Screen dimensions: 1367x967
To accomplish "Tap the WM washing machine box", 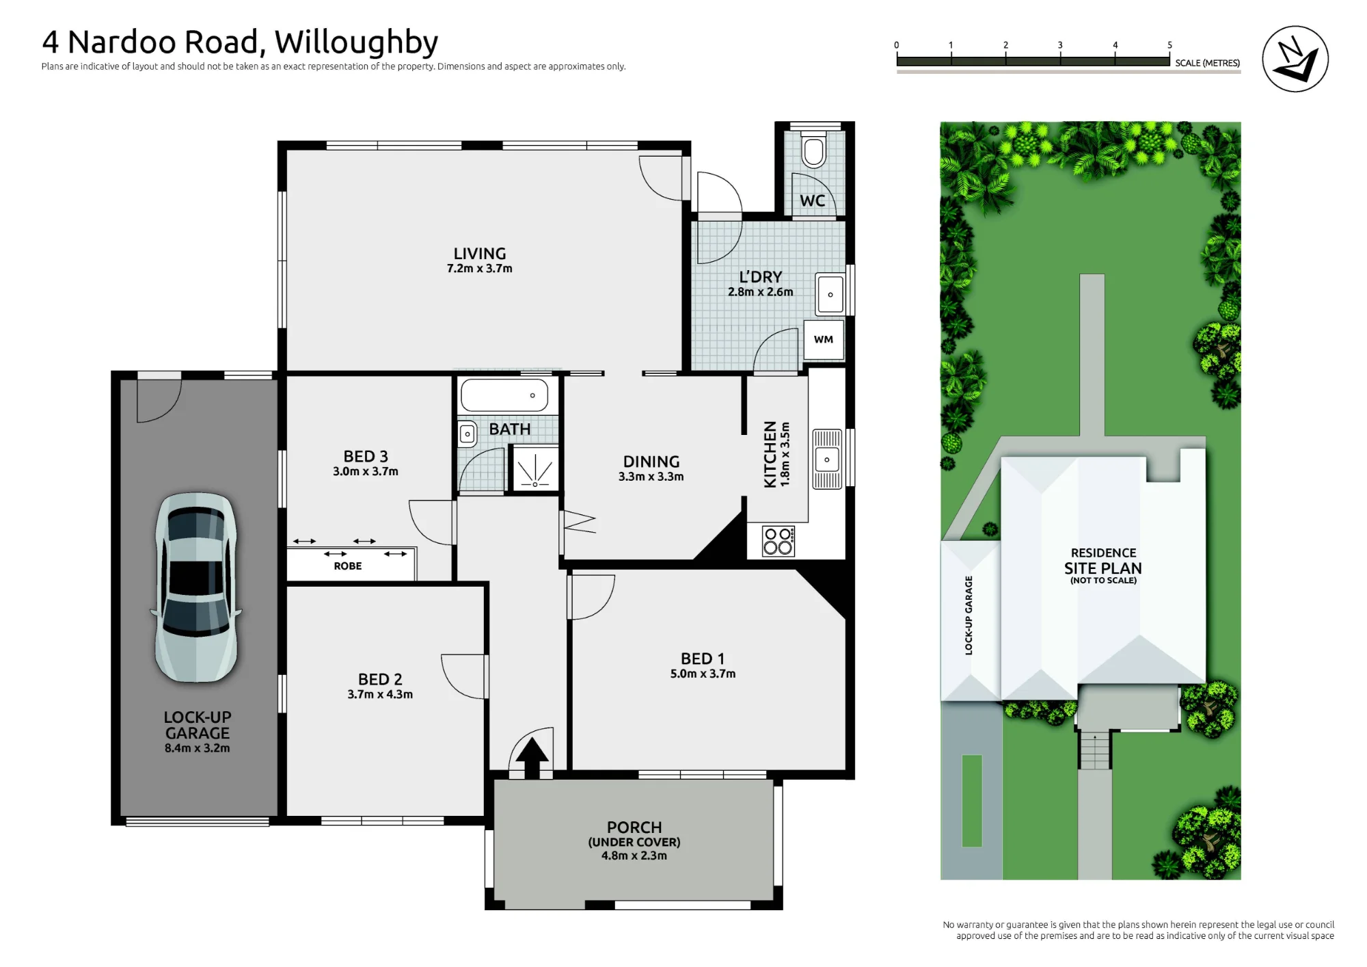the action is pyautogui.click(x=824, y=340).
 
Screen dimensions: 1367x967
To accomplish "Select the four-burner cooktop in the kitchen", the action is pyautogui.click(x=779, y=541).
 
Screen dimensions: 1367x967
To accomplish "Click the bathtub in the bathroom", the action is pyautogui.click(x=505, y=395).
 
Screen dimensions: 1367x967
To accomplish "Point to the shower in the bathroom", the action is pyautogui.click(x=534, y=468).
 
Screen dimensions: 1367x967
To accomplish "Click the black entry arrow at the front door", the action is pyautogui.click(x=532, y=758).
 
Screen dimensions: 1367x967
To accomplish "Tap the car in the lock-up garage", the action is pyautogui.click(x=197, y=587).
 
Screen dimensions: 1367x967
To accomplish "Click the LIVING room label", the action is pyautogui.click(x=480, y=254).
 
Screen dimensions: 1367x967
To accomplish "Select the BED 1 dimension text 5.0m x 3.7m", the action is pyautogui.click(x=703, y=674).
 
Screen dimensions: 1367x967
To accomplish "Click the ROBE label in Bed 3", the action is pyautogui.click(x=348, y=566).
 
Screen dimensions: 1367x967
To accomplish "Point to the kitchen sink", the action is pyautogui.click(x=827, y=459).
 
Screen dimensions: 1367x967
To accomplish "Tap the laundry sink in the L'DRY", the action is pyautogui.click(x=830, y=294).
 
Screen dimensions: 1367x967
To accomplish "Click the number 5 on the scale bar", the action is pyautogui.click(x=1169, y=45).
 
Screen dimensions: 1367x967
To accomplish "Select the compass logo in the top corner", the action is pyautogui.click(x=1295, y=59).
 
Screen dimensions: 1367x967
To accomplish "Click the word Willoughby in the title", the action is pyautogui.click(x=356, y=43).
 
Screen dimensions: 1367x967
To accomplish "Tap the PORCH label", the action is pyautogui.click(x=634, y=827).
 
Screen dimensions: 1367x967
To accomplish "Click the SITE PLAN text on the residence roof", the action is pyautogui.click(x=1103, y=568).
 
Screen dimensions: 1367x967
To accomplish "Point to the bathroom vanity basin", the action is pyautogui.click(x=468, y=434).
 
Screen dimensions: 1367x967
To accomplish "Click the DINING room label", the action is pyautogui.click(x=651, y=462).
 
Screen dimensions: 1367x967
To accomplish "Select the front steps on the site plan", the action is pyautogui.click(x=1095, y=750).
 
